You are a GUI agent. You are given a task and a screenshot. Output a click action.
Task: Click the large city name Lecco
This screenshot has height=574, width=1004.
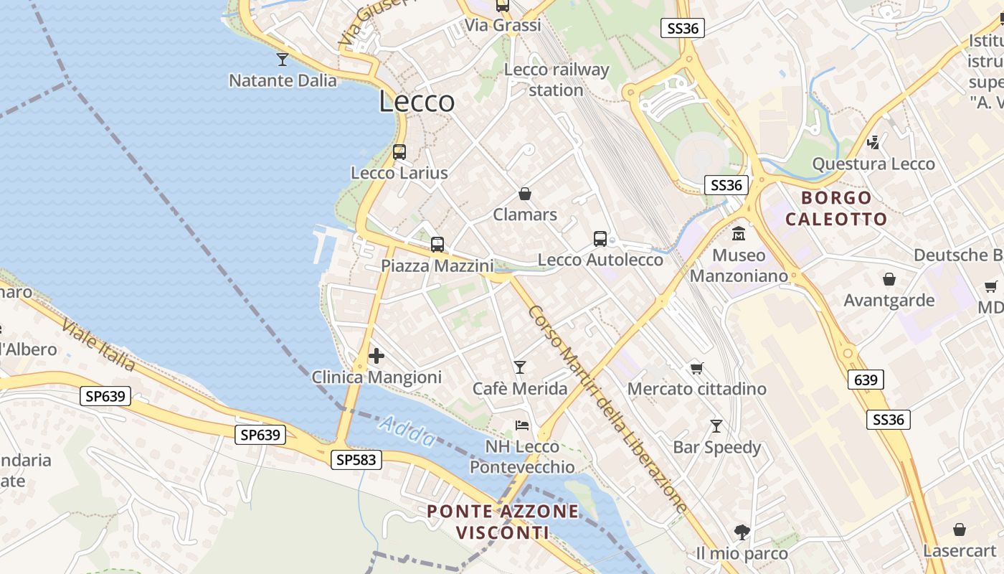pos(417,102)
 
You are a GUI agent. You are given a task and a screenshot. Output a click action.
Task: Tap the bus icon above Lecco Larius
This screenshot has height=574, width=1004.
pos(399,152)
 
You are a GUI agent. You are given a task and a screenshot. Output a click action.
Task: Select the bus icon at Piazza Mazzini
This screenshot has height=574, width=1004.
pos(437,245)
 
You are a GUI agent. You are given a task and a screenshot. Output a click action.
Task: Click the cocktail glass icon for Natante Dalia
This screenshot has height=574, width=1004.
pos(283,59)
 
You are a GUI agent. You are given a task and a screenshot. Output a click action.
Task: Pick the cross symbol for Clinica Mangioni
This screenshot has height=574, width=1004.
pos(376,356)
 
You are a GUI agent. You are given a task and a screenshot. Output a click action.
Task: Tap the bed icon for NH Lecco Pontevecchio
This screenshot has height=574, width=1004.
pos(522,425)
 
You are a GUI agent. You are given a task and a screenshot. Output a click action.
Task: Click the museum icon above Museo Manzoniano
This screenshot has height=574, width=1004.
pos(739,234)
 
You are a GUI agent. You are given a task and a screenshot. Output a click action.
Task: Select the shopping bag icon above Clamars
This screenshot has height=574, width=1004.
pos(525,194)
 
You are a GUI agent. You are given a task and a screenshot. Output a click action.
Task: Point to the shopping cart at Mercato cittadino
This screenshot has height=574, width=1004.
pos(696,369)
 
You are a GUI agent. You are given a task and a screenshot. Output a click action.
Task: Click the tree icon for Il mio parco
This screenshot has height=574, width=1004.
pos(742,532)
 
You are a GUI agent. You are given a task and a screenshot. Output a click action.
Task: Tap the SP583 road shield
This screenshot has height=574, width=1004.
pos(356,460)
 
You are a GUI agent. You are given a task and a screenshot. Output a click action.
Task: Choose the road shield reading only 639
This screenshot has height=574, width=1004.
pos(866,380)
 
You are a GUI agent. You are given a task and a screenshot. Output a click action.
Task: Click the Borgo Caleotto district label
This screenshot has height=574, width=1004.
pos(836,208)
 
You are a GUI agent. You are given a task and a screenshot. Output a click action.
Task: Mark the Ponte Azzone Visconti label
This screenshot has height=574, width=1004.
pos(503,522)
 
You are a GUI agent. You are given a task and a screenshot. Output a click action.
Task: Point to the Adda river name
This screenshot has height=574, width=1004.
pos(407,432)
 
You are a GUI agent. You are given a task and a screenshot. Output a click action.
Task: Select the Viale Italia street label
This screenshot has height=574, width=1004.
pos(98,344)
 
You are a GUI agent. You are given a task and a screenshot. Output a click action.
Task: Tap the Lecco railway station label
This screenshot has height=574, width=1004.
pos(557,80)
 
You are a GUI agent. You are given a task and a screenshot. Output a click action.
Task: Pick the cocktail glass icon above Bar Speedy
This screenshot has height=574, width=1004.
pos(716,426)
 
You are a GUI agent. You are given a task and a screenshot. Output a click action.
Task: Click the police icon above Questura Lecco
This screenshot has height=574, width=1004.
pos(873,143)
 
